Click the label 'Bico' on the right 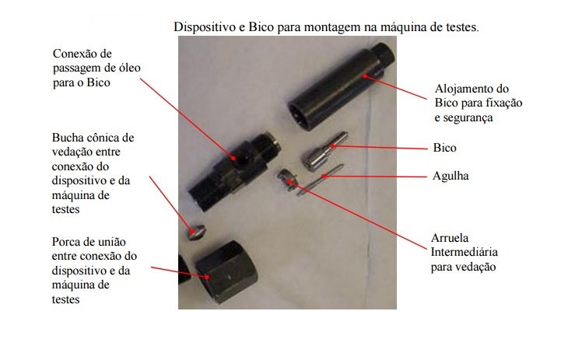click(x=444, y=148)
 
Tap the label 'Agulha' click(x=451, y=176)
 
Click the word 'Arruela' click(x=450, y=238)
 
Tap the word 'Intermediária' click(x=464, y=252)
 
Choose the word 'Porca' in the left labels click(x=66, y=242)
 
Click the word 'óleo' click(x=128, y=68)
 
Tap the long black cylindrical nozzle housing click(x=340, y=87)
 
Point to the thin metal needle click(x=320, y=179)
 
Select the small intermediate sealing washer click(x=286, y=180)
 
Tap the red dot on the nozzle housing click(x=364, y=76)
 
